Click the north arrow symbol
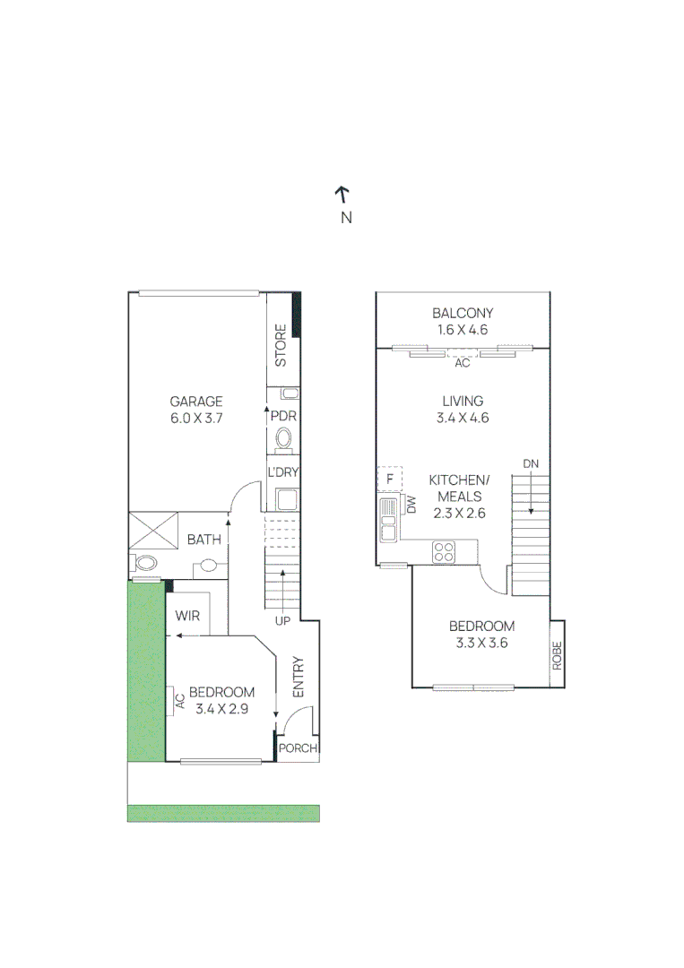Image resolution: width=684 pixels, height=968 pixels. coord(342,194)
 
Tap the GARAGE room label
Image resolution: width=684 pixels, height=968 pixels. coord(196,402)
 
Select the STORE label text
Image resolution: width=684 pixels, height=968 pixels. coord(281,345)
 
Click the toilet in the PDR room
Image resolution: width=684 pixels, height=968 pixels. coord(284,439)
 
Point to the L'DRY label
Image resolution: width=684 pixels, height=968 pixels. coord(283,472)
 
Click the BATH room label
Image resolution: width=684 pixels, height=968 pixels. coord(203,540)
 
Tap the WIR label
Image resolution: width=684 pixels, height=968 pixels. coord(187,616)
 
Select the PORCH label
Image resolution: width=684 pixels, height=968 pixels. coord(296,748)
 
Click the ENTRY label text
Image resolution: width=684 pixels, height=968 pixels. coord(299,678)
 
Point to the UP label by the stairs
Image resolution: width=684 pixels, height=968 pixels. coord(283,620)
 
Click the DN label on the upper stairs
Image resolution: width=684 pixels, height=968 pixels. coord(531,462)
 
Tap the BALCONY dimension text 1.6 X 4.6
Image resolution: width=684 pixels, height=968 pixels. coord(463,330)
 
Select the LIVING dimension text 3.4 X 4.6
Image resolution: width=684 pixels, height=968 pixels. coord(463,418)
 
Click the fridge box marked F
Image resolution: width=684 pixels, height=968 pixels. coord(390,479)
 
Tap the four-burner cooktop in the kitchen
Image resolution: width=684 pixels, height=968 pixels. coord(444,551)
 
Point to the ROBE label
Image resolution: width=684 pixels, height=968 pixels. coord(557,655)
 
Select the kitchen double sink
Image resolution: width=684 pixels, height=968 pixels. coord(388,520)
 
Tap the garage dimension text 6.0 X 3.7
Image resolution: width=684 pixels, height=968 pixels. coord(196,418)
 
